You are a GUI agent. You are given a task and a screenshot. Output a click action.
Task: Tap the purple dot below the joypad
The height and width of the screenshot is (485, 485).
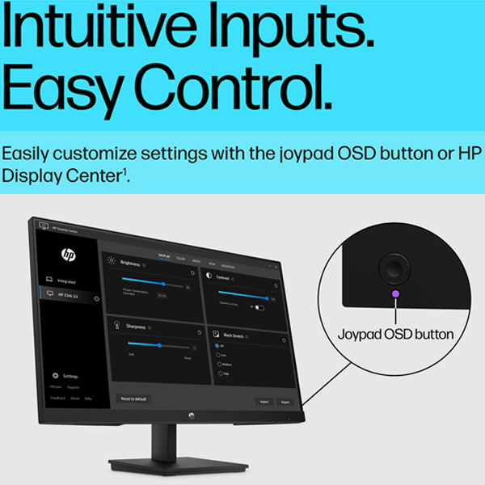pos(395,293)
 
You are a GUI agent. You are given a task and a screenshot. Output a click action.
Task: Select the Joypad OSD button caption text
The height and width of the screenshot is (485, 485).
pos(395,332)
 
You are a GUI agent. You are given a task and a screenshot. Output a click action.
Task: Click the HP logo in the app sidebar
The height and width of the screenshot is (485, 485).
pos(68,253)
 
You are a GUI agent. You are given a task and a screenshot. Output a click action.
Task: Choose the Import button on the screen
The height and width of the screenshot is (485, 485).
pos(264,401)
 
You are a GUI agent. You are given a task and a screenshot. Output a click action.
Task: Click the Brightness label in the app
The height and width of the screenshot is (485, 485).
pos(130,264)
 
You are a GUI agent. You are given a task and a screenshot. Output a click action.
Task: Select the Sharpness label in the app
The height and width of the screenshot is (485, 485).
pos(134,327)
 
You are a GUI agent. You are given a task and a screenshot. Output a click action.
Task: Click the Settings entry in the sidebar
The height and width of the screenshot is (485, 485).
pos(70,377)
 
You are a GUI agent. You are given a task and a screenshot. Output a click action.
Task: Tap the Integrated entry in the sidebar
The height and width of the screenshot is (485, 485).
pos(67,281)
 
